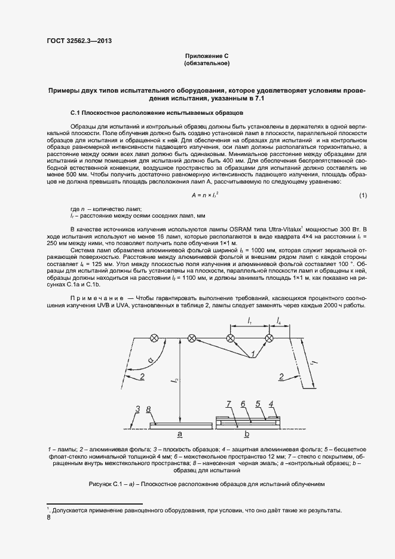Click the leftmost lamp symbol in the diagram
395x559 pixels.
tap(154, 338)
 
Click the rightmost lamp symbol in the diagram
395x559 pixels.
tap(269, 338)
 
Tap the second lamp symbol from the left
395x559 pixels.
tap(192, 338)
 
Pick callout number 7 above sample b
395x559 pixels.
tap(229, 405)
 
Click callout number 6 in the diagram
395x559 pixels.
tap(243, 404)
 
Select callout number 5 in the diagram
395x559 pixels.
tap(258, 404)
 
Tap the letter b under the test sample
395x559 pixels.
tap(247, 433)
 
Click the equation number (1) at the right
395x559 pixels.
tap(363, 196)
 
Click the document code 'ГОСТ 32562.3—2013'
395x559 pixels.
tap(79, 41)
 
